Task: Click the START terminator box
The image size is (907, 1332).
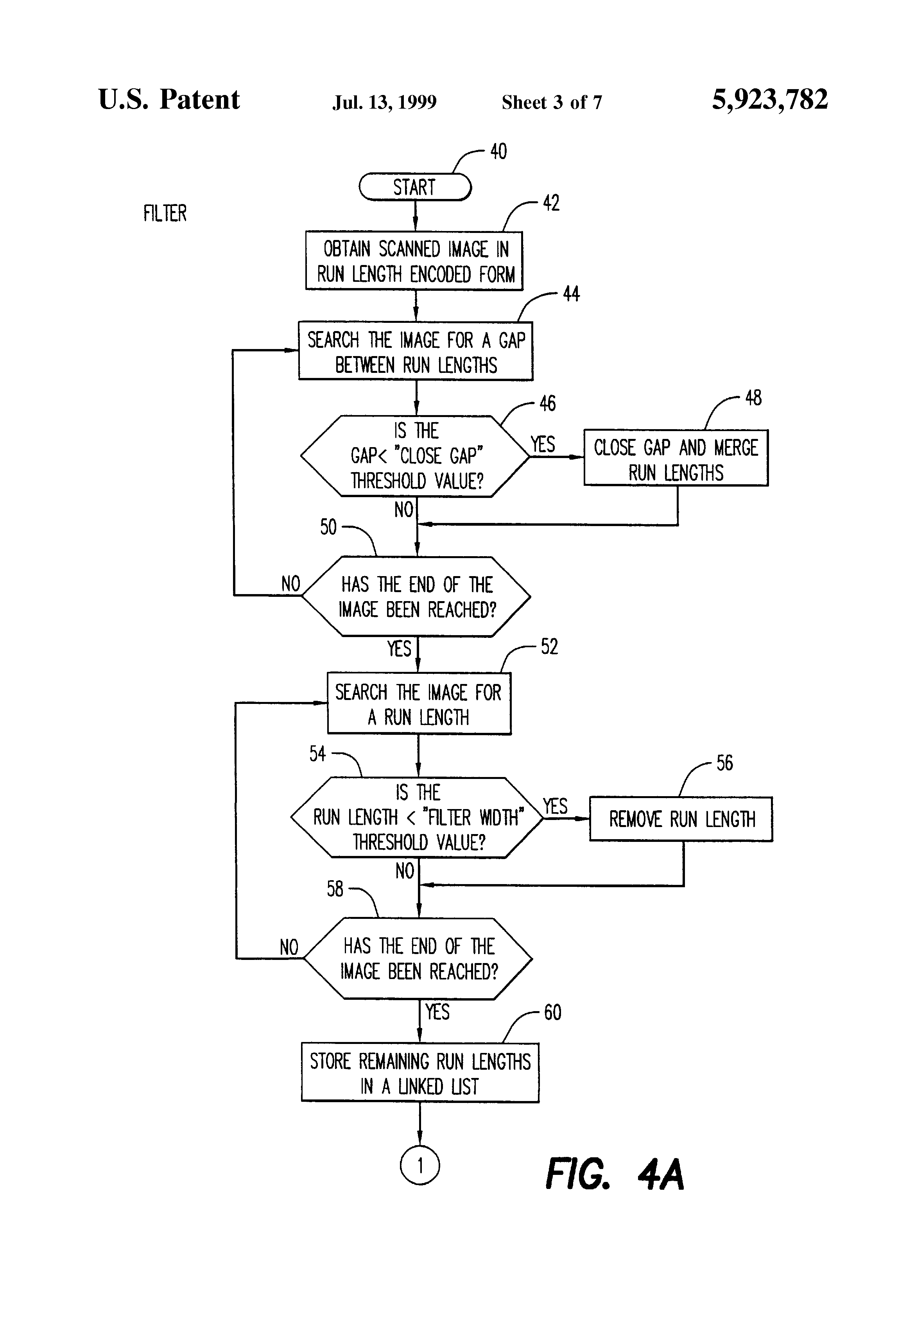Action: (x=414, y=188)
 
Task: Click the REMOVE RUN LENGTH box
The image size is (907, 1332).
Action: (x=681, y=819)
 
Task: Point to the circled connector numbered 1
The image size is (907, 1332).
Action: (x=419, y=1165)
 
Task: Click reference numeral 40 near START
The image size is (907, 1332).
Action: (x=498, y=152)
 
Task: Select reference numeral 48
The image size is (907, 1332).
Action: (x=753, y=398)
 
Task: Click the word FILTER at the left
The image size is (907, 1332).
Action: (x=165, y=213)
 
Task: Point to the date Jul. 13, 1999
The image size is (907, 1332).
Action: (x=384, y=102)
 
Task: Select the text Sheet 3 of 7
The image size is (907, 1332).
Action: (x=552, y=102)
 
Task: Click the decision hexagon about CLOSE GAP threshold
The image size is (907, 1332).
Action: (x=415, y=456)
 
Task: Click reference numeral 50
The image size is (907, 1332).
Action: (x=328, y=527)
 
